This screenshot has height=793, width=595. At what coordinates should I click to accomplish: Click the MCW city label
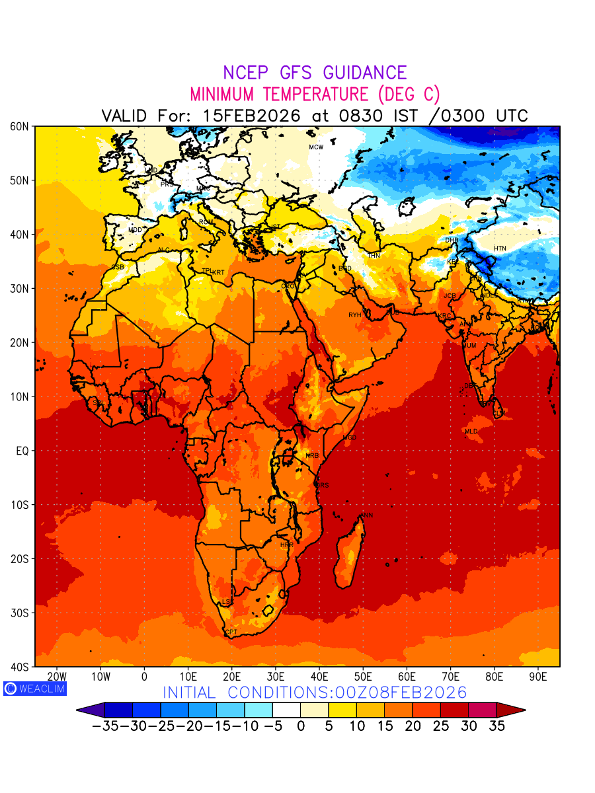316,147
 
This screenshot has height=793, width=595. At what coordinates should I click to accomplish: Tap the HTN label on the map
500,248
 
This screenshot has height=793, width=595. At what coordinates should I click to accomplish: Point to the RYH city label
355,315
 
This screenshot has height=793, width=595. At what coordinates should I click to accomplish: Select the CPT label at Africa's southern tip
231,632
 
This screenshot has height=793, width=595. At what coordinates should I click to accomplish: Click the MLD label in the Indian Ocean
471,431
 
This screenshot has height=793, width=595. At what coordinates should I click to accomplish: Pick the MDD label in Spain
135,230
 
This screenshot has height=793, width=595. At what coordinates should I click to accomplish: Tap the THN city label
374,256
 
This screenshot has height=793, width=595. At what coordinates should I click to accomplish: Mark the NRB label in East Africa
312,456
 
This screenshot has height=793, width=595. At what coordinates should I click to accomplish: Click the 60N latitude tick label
20,126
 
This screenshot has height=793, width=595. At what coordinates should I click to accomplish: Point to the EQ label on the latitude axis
22,451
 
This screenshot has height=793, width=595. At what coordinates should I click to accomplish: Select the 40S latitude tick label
20,667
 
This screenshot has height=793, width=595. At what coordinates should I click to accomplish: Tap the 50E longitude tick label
363,677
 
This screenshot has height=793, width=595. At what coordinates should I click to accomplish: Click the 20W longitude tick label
57,677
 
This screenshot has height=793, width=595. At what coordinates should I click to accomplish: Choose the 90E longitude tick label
538,677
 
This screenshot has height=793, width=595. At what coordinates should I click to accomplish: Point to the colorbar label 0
300,726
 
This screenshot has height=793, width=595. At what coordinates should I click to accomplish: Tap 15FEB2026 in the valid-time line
251,116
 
